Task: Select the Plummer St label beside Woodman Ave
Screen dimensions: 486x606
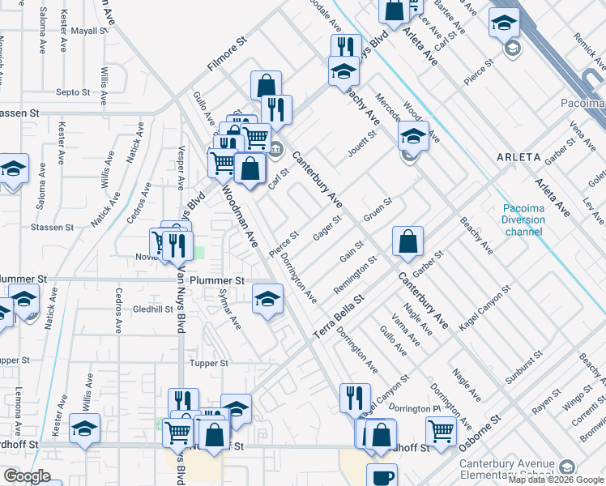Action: click(217, 280)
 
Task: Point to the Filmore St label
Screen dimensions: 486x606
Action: click(226, 54)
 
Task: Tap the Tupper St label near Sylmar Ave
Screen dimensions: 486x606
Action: click(207, 364)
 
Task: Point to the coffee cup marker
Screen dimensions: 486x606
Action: click(382, 476)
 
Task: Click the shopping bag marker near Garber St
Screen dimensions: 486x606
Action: click(408, 241)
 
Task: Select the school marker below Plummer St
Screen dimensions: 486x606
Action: click(267, 299)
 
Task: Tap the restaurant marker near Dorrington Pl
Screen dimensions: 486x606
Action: click(355, 397)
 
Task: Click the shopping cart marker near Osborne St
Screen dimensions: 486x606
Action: click(441, 430)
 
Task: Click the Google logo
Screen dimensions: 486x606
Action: click(26, 476)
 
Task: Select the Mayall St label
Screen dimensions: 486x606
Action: click(88, 31)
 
